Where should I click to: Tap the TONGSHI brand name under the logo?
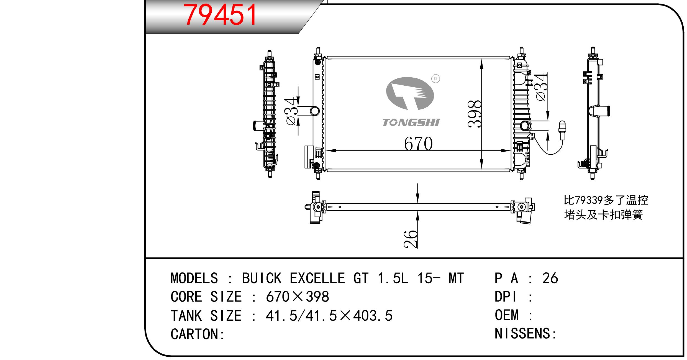411,122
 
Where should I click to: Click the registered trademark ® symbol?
436,79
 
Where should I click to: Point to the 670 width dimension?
418,144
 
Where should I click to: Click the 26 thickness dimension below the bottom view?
411,239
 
